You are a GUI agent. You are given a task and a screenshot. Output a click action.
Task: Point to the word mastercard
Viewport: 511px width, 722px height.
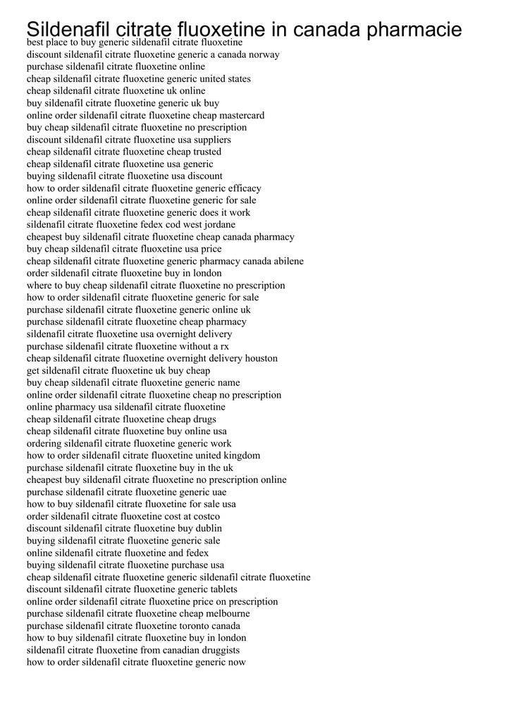[242, 116]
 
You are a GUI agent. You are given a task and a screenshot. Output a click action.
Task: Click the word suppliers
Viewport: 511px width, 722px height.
[211, 140]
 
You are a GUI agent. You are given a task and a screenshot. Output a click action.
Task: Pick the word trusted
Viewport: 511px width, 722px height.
[204, 152]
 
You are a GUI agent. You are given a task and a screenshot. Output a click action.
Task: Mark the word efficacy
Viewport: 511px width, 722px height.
[241, 188]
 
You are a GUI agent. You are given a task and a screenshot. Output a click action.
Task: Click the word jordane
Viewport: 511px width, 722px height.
[218, 225]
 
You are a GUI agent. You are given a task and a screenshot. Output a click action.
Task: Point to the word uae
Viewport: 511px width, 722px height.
[219, 492]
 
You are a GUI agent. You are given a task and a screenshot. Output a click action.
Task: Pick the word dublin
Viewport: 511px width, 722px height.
[209, 528]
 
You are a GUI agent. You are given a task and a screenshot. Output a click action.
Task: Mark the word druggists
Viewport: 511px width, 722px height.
[217, 650]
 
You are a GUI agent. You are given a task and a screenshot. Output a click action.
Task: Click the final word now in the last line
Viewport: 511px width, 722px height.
[237, 662]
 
